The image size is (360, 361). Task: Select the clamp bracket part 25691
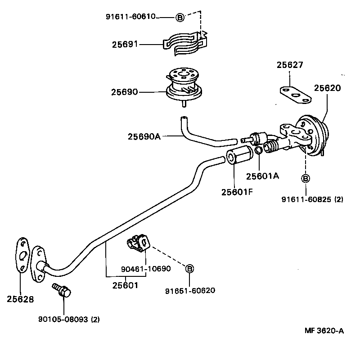click(184, 43)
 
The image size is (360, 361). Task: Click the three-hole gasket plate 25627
click(295, 94)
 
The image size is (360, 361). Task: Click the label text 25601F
click(237, 192)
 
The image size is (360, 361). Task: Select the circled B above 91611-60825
click(305, 179)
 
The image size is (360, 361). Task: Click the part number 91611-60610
click(130, 17)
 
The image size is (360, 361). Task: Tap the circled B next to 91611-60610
click(180, 18)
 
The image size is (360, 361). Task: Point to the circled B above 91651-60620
click(190, 269)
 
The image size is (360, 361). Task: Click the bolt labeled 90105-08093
click(62, 290)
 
